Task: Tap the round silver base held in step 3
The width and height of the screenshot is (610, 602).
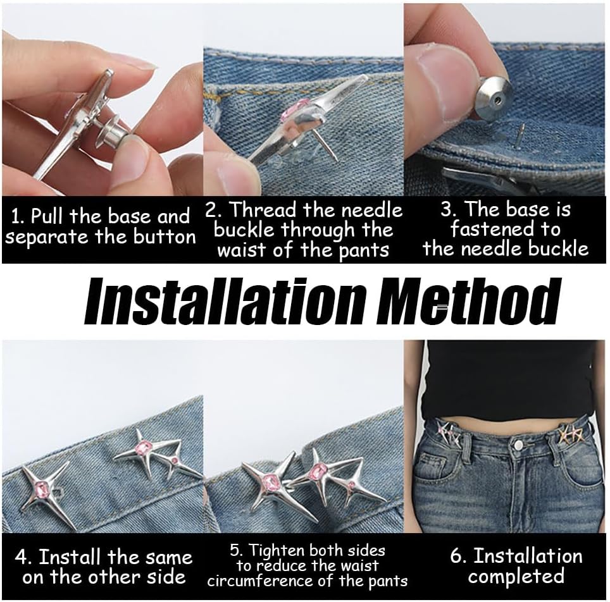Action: click(492, 98)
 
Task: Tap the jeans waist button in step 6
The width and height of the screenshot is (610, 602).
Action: click(518, 445)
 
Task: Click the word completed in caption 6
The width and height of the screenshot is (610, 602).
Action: click(516, 576)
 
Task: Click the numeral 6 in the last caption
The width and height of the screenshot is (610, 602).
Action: click(456, 556)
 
